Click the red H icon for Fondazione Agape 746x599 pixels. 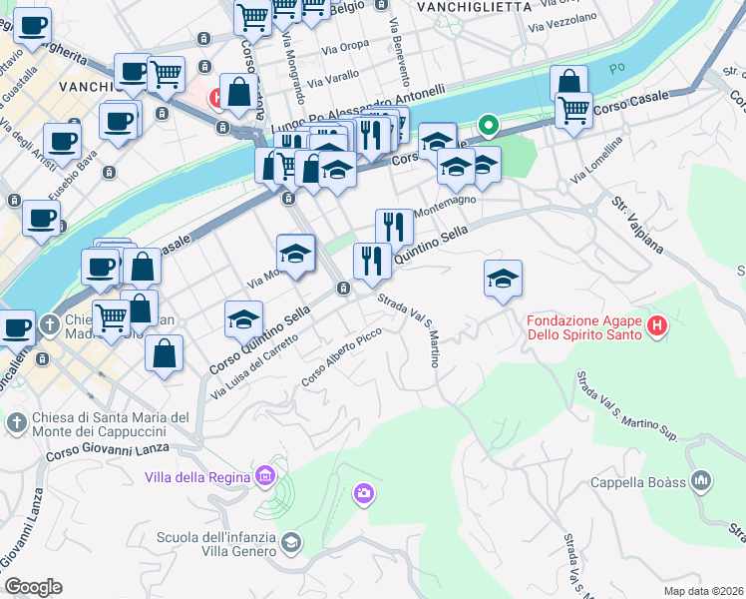[x=656, y=325]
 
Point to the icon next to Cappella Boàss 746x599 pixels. [x=702, y=481]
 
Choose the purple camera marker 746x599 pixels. [x=364, y=492]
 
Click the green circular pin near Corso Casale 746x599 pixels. [x=488, y=126]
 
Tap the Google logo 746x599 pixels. [x=33, y=587]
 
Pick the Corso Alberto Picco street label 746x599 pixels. [x=342, y=357]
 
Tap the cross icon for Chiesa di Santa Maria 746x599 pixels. [x=16, y=423]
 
